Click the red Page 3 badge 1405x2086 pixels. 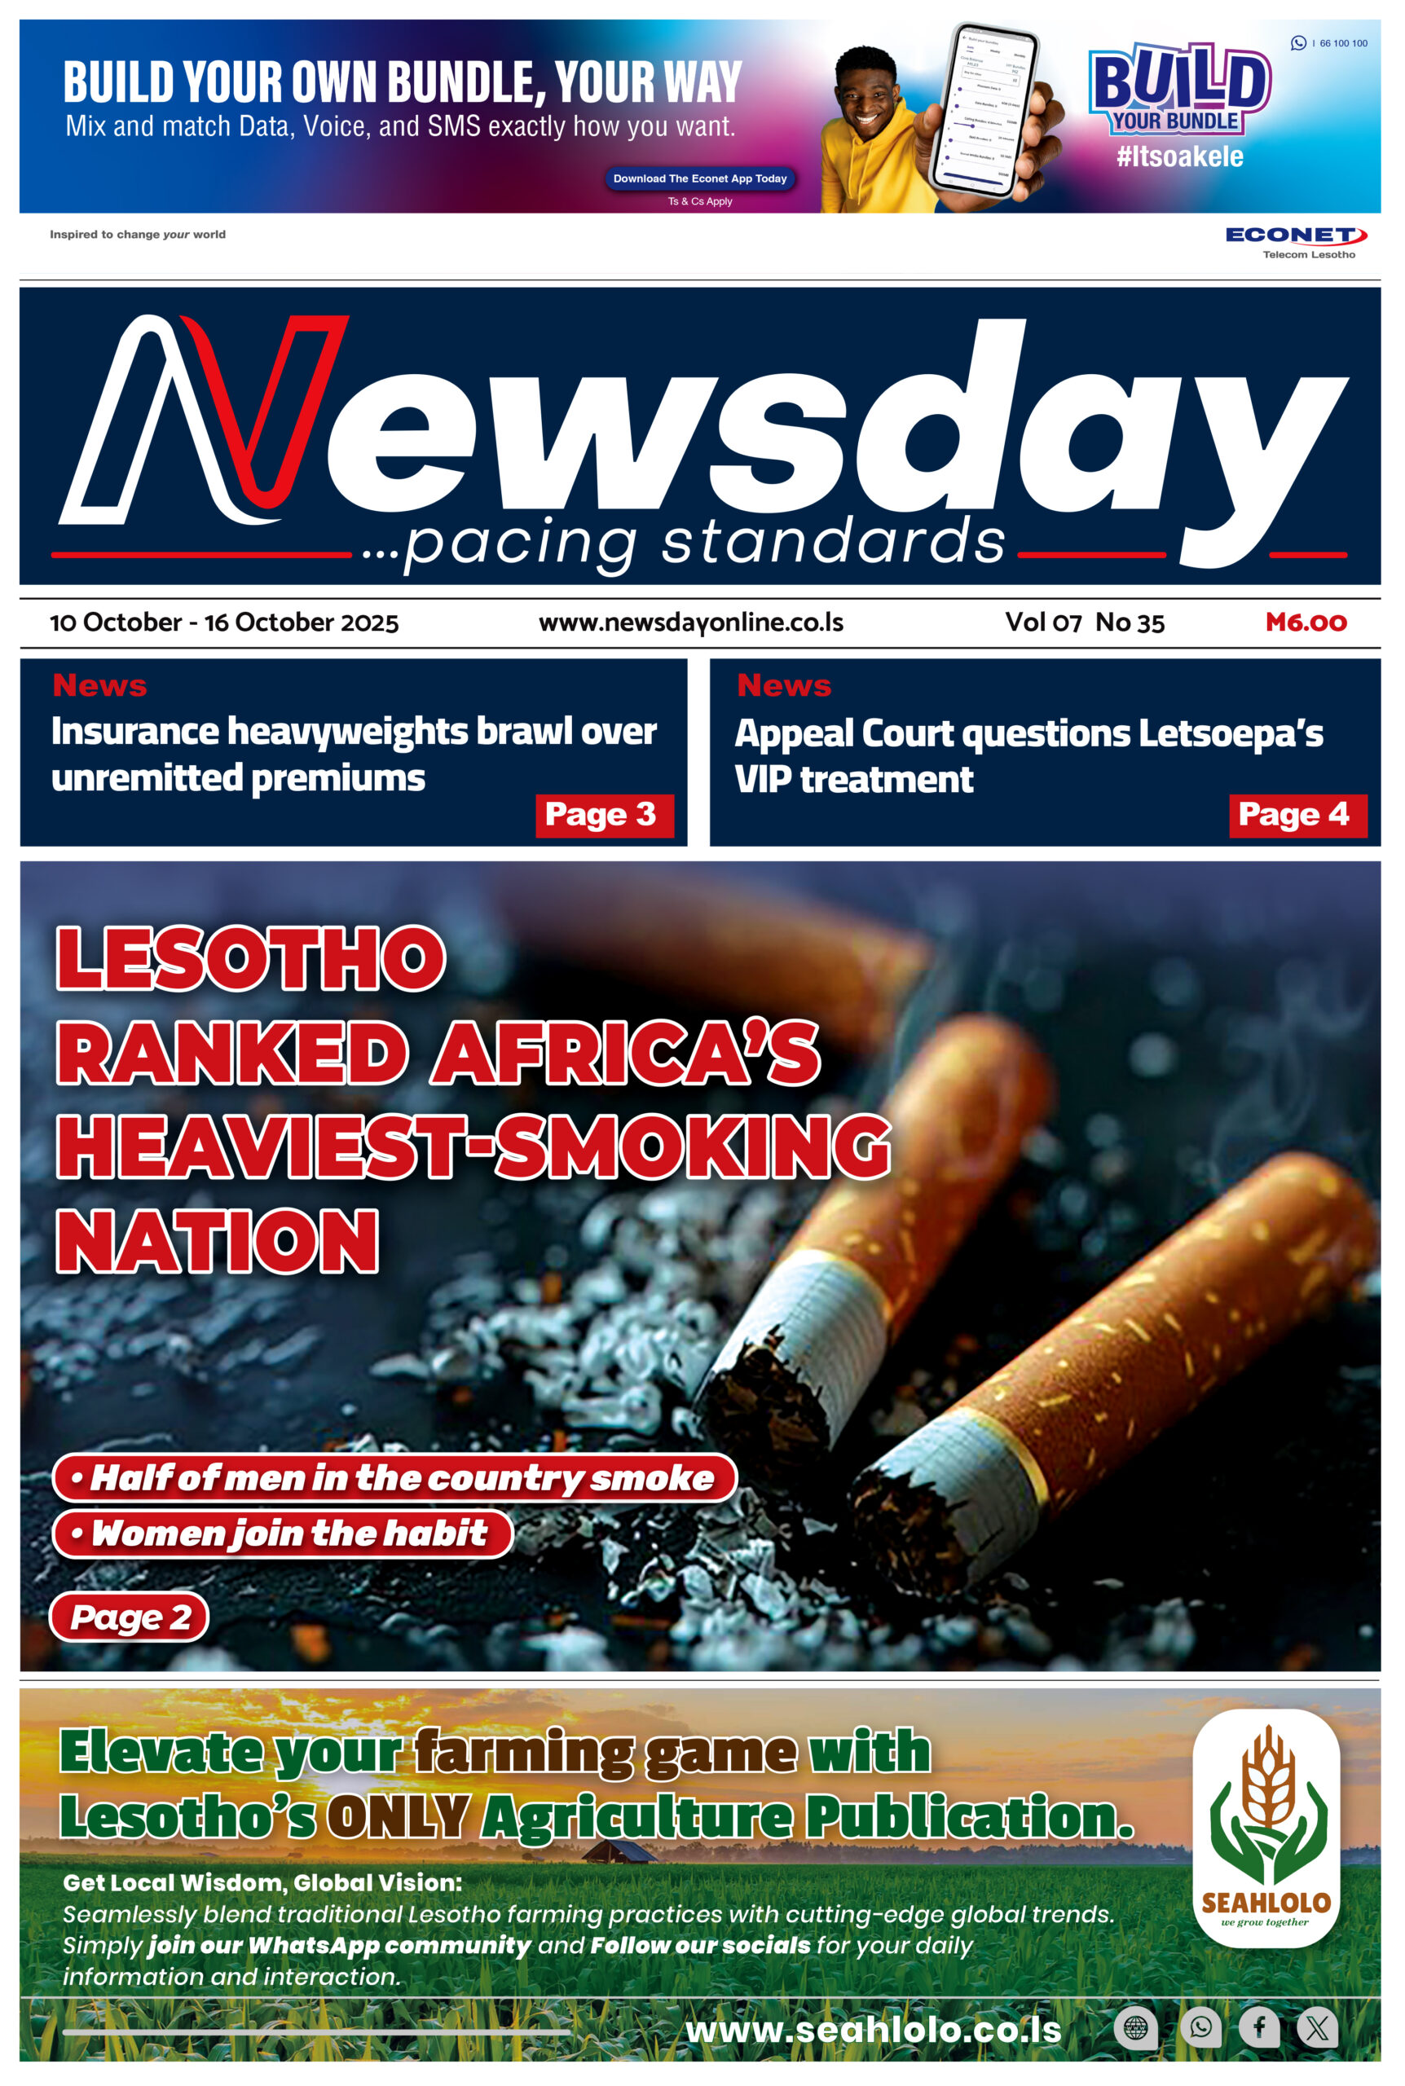pyautogui.click(x=604, y=815)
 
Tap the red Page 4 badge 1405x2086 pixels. pyautogui.click(x=1297, y=815)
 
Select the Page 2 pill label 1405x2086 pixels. pyautogui.click(x=129, y=1617)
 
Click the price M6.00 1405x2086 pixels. pyautogui.click(x=1305, y=622)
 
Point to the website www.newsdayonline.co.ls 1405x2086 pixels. pyautogui.click(x=690, y=622)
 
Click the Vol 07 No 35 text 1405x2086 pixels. pyautogui.click(x=1084, y=622)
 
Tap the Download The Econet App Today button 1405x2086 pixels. pyautogui.click(x=699, y=178)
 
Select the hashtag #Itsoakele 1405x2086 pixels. pyautogui.click(x=1179, y=156)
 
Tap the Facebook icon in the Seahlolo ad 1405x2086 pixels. pyautogui.click(x=1258, y=2026)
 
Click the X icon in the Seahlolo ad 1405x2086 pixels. pyautogui.click(x=1316, y=2027)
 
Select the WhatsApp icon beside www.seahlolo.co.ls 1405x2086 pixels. pyautogui.click(x=1200, y=2026)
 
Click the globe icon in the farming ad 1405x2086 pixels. pyautogui.click(x=1135, y=2027)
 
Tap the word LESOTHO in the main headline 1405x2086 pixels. pyautogui.click(x=251, y=958)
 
